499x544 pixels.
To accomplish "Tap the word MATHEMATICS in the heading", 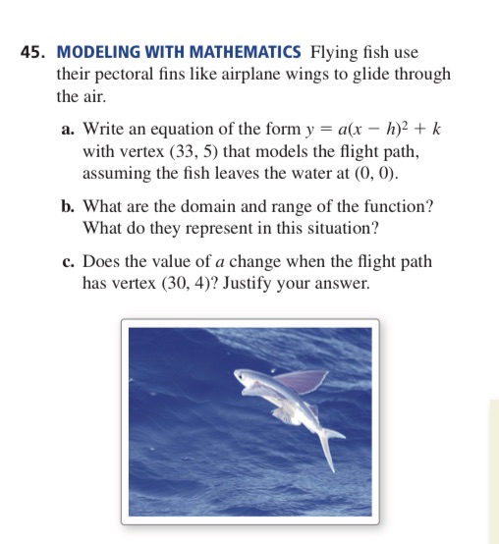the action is [231, 51].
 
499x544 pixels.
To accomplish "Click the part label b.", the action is [72, 207].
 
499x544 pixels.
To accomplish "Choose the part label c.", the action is [72, 263].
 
